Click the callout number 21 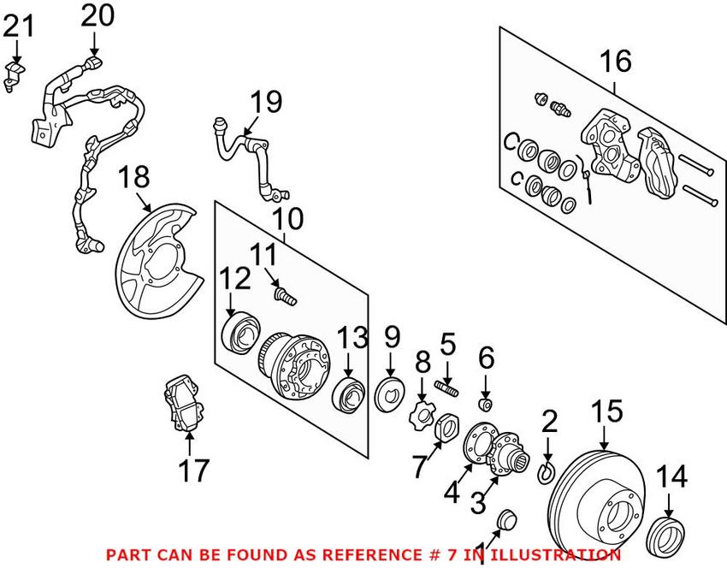tap(20, 27)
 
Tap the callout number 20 tap(97, 15)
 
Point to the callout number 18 tap(133, 178)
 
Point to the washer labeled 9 tap(393, 393)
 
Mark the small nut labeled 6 tap(485, 402)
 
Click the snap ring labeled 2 tap(547, 471)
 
